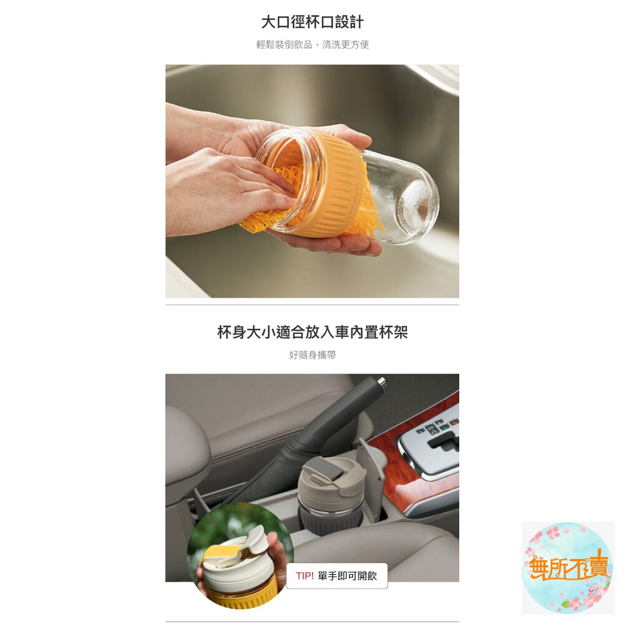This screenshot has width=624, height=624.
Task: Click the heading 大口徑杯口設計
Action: (312, 22)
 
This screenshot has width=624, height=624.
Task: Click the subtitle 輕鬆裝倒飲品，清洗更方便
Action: (313, 44)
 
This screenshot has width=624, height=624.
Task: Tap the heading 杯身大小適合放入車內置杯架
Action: (313, 332)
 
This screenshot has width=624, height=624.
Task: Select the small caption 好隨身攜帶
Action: (313, 354)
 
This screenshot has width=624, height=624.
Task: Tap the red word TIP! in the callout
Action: (305, 576)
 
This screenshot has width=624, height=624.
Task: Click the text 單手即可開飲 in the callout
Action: (347, 576)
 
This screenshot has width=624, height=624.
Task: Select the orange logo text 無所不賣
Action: (568, 566)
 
